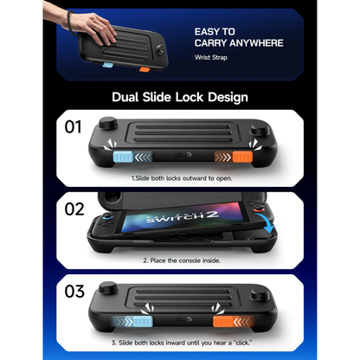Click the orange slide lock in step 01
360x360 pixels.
(x=241, y=158)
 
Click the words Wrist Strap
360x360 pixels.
(x=211, y=58)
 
